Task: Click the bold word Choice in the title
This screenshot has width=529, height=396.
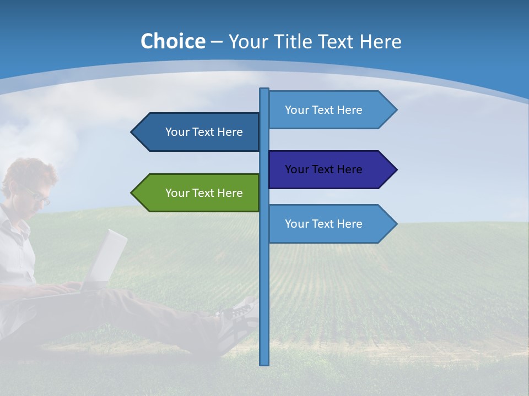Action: [x=172, y=41]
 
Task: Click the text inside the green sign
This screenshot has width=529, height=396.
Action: [x=204, y=193]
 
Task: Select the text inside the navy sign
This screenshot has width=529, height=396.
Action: [x=323, y=169]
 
